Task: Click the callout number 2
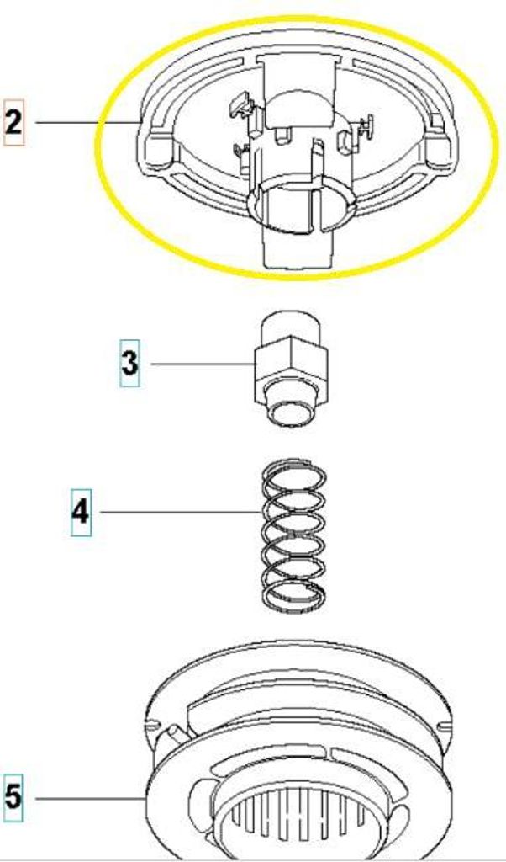[13, 122]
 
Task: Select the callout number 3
[129, 364]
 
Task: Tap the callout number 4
[82, 513]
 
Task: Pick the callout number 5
[13, 797]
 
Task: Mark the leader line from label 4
[181, 513]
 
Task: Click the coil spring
[293, 535]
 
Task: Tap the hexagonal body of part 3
[291, 364]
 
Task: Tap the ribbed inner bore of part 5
[297, 825]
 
